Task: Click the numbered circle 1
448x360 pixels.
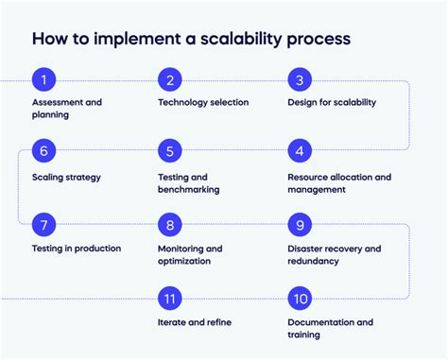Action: (42, 79)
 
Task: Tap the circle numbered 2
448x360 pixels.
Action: (170, 79)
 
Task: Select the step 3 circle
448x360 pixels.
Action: (299, 79)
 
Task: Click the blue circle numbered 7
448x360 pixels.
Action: (42, 225)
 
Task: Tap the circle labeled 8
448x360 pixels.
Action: (170, 225)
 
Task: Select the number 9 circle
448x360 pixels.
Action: (299, 225)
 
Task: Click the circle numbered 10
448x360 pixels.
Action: (299, 299)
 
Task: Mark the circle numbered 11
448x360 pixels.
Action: (170, 299)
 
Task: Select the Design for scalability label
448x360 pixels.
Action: (332, 102)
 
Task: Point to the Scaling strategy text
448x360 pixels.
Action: (65, 177)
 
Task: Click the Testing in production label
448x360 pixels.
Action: (76, 249)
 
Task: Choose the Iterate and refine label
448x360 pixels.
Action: (195, 322)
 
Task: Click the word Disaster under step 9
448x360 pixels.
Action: (307, 249)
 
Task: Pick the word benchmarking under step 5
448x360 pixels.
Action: (189, 189)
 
